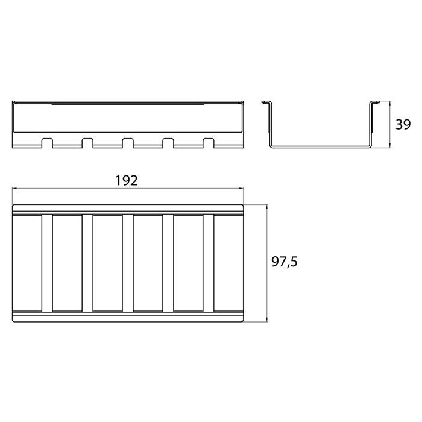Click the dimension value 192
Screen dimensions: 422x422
[x=127, y=181]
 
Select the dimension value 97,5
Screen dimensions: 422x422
[x=285, y=262]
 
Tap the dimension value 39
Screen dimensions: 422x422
[x=403, y=125]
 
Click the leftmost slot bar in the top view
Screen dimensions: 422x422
[x=47, y=263]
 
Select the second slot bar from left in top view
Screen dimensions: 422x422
[x=87, y=263]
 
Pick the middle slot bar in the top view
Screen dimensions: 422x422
[x=128, y=263]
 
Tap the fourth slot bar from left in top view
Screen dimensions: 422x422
[x=168, y=263]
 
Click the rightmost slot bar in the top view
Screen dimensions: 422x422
[x=209, y=263]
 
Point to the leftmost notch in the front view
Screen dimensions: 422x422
[x=47, y=143]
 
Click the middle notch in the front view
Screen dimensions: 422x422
[x=128, y=143]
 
